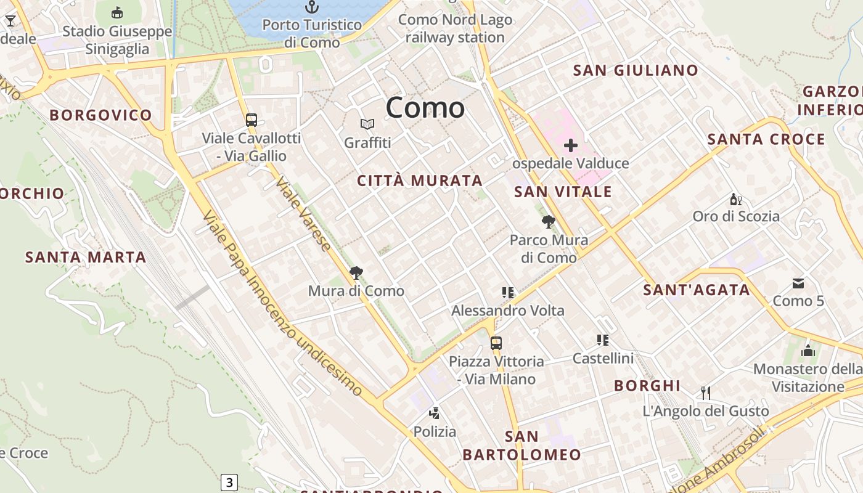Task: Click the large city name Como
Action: [425, 108]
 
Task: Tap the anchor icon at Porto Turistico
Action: [313, 7]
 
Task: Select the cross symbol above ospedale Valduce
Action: [571, 145]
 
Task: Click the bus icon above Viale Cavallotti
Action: [251, 120]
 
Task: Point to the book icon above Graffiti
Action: [367, 124]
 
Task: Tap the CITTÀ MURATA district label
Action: [420, 181]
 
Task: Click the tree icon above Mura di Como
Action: [356, 272]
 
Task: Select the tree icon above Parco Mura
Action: [548, 222]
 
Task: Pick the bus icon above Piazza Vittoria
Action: [496, 343]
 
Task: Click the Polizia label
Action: [435, 431]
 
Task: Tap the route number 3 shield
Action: [229, 482]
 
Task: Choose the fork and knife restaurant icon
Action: [706, 393]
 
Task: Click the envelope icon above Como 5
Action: [798, 283]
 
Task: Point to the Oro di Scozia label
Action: [736, 216]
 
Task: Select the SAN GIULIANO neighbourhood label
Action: [636, 70]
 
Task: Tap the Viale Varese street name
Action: [304, 214]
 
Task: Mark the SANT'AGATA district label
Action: [697, 290]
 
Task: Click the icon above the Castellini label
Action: [602, 340]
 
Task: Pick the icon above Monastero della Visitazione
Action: [808, 351]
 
